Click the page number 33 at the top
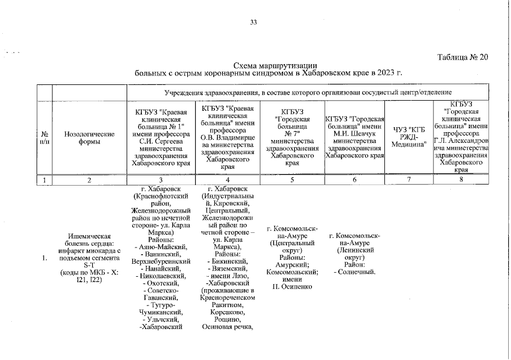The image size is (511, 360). point(253,22)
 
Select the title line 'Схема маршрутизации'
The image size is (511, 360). point(272,66)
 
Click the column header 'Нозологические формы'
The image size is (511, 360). point(89,138)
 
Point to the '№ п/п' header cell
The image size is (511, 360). point(44,138)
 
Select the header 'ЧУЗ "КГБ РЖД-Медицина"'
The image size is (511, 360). point(410,138)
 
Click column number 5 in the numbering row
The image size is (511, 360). point(292,180)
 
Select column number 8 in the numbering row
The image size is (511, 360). point(461,180)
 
